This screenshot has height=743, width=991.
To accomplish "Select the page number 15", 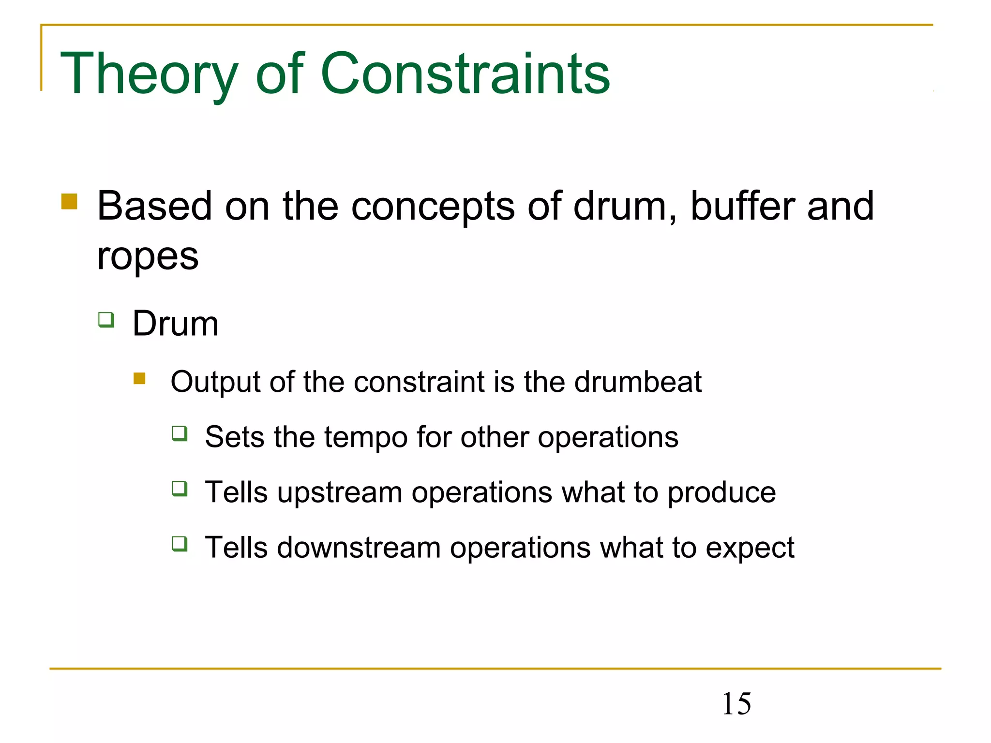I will coord(736,704).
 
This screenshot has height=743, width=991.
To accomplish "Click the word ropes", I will coord(148,256).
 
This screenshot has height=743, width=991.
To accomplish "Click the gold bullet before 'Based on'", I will coord(69,201).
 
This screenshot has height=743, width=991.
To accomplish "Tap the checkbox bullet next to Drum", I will coord(106,320).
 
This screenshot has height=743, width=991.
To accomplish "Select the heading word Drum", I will coord(175,324).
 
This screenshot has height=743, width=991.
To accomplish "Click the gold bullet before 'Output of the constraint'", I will coord(139,378).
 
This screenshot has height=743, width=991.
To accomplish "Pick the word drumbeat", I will coord(638,382).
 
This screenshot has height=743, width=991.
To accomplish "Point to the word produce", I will coord(721,492).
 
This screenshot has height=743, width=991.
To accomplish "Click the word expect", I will coord(750,548).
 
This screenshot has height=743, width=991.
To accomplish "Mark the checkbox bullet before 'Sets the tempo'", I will coord(180,433).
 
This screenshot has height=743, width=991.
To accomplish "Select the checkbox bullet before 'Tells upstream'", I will coord(180,489).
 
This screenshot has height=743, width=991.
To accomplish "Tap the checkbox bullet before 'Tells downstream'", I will coord(180,544).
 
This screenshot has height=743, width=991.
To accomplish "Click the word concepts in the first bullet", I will coord(433,207).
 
